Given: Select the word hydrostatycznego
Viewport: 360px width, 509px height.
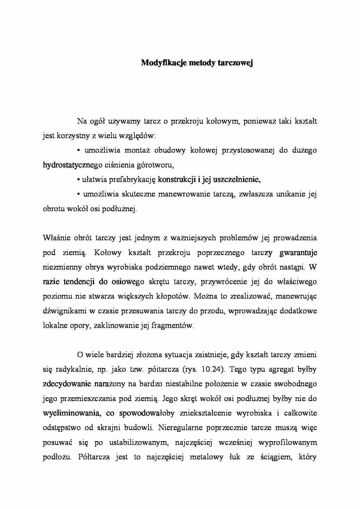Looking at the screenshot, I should click(x=71, y=165).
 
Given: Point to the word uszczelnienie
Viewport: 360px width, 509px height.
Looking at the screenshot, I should click(x=237, y=180).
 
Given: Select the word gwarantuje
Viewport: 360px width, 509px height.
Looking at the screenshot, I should click(x=298, y=253).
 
